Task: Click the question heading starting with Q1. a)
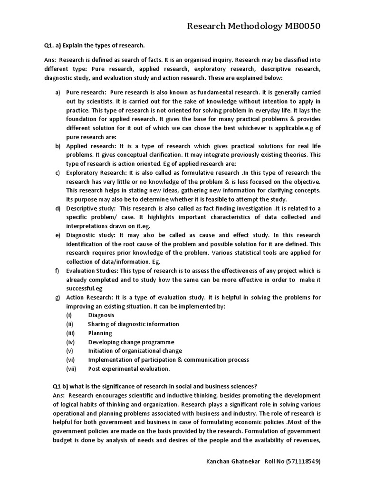[x=94, y=45]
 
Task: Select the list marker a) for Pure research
[x=58, y=92]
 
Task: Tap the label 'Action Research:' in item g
[x=89, y=298]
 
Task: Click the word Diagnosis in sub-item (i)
[x=101, y=315]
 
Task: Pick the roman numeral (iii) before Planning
[x=69, y=333]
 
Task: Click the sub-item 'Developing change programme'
[x=131, y=342]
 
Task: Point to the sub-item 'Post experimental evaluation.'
[x=129, y=369]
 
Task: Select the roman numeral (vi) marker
[x=69, y=360]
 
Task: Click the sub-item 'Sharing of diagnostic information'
[x=134, y=324]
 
